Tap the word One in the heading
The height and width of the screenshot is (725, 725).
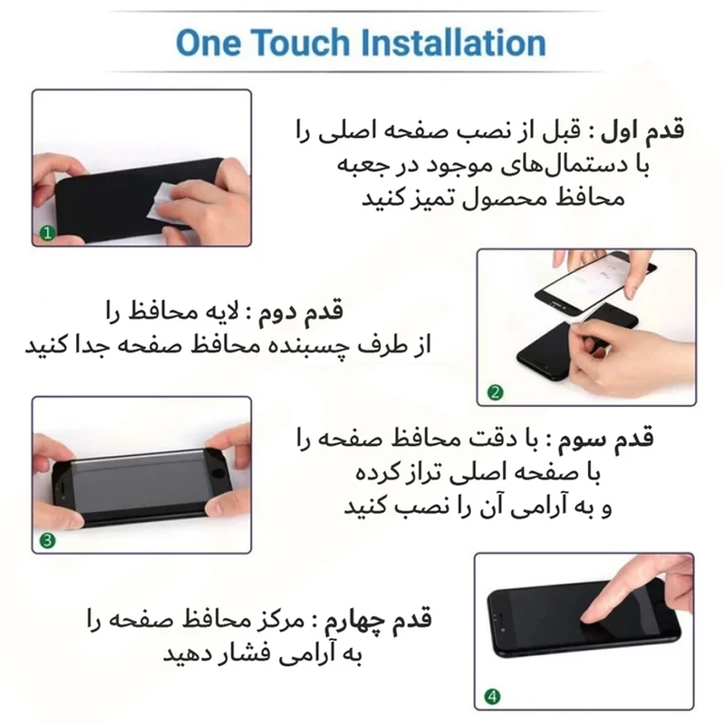click(208, 43)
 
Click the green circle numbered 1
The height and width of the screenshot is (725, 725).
click(47, 233)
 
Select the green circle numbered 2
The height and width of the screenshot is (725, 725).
click(495, 392)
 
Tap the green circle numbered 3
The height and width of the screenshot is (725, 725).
click(48, 540)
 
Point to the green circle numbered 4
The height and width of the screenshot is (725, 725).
click(492, 696)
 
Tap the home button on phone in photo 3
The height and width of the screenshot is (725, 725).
click(217, 475)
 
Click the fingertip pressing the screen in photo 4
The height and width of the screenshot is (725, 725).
click(588, 618)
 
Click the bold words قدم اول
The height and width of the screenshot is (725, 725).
click(642, 131)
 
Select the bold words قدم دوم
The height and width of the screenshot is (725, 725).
click(302, 311)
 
